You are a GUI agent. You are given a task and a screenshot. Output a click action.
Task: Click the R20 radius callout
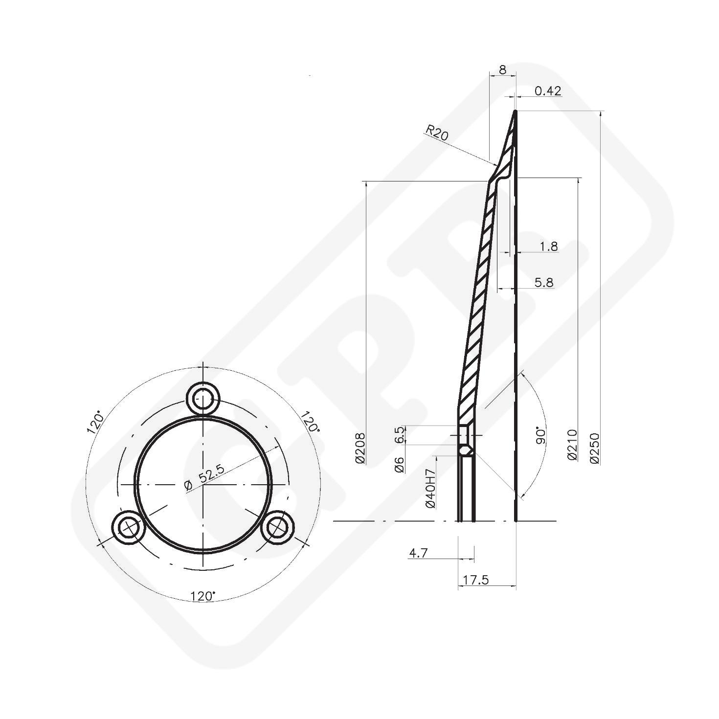click(436, 133)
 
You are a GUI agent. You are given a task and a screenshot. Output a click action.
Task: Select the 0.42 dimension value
click(548, 90)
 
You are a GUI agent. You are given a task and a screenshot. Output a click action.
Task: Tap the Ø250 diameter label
click(595, 448)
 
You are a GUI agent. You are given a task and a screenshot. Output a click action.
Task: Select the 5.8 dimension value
click(544, 282)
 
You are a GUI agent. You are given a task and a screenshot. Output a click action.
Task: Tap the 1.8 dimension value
click(548, 246)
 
